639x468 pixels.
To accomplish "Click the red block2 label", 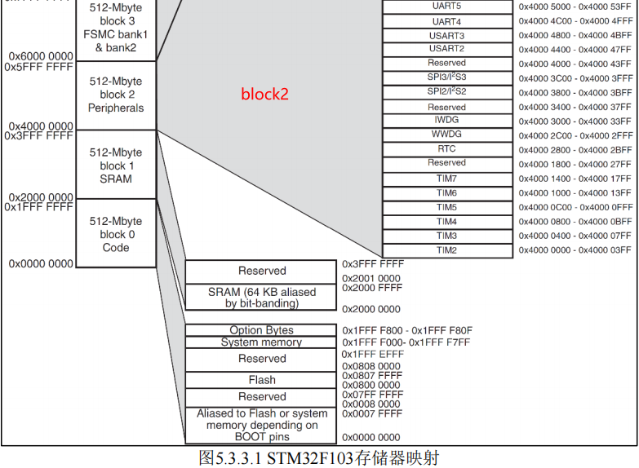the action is tap(264, 94).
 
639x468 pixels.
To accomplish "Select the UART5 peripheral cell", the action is tap(446, 7).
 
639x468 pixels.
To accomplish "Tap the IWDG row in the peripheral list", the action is tap(446, 120).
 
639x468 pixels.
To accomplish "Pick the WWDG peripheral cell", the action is tap(446, 134).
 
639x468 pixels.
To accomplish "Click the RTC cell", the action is tap(446, 148).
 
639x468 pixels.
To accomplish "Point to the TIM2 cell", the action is tap(446, 249).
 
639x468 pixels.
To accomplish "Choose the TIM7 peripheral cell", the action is tap(446, 179).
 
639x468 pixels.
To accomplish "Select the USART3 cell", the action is tap(446, 35).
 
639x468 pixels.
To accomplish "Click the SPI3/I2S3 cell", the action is tap(446, 77).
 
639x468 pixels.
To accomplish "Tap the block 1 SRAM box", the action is tap(116, 165).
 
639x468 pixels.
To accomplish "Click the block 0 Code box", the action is tap(116, 233).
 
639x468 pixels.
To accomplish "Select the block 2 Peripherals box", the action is tap(116, 95).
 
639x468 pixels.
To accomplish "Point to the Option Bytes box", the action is tap(261, 330).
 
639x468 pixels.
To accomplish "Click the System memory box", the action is tap(261, 342).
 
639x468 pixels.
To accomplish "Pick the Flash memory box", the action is tap(262, 380).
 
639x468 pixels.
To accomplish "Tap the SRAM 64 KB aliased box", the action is tap(262, 298).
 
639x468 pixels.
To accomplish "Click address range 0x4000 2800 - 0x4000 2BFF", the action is tap(575, 150).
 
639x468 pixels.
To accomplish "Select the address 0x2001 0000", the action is tap(371, 278).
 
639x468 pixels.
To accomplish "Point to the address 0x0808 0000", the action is tap(371, 367).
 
